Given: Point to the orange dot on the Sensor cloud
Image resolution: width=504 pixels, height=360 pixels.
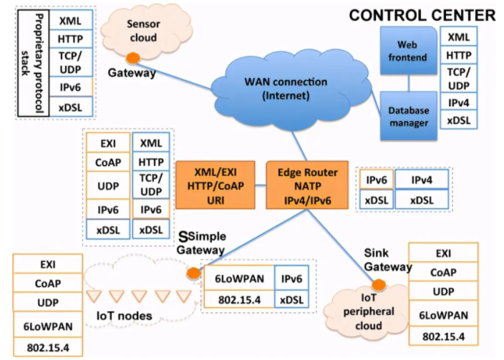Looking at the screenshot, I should click(x=132, y=58).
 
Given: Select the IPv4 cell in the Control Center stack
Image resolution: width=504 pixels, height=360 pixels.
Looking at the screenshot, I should click(x=458, y=103).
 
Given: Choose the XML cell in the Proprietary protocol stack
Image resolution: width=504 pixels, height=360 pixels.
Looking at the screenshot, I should click(x=70, y=22).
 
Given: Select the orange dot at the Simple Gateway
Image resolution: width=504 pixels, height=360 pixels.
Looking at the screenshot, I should click(x=193, y=273).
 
